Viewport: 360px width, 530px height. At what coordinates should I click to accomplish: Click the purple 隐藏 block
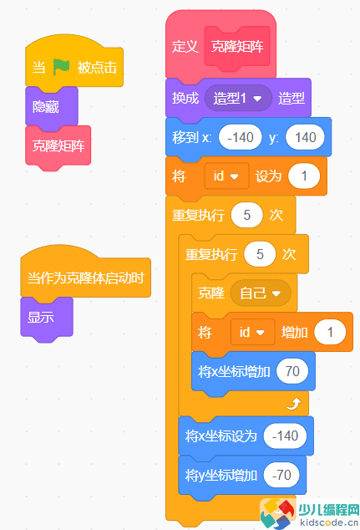tap(46, 107)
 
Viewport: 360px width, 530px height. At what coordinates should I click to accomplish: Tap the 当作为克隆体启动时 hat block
tap(85, 278)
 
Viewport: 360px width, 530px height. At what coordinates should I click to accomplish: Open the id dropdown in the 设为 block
tap(228, 176)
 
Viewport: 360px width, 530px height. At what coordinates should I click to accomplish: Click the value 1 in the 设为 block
tap(304, 176)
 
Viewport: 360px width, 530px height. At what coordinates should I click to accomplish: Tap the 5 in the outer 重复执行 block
tap(247, 214)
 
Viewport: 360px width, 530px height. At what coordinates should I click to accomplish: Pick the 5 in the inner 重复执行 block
tap(261, 253)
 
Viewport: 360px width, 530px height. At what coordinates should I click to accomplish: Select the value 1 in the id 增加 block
tap(330, 333)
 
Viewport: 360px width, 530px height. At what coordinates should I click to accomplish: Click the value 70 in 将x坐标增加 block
tap(292, 371)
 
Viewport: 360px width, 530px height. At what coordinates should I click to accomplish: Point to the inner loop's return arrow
tap(292, 404)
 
